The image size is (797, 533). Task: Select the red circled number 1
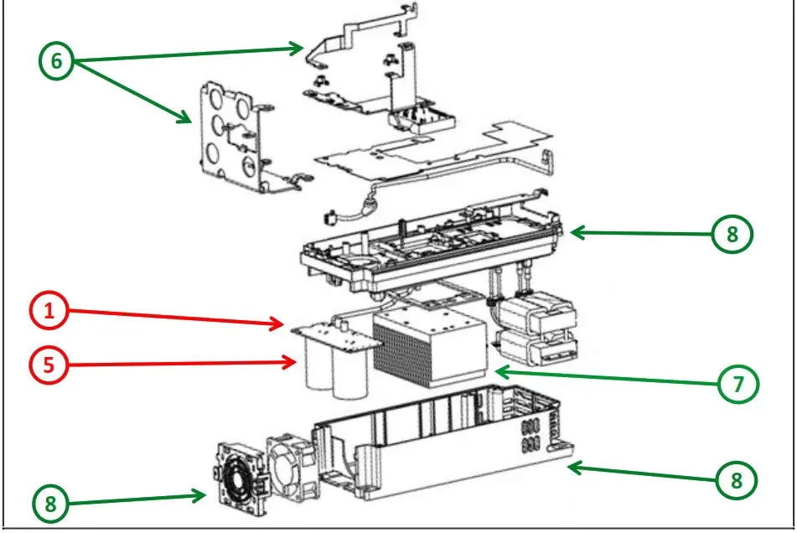pos(49,312)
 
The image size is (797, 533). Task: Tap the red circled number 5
pos(49,365)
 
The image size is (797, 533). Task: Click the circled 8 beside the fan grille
pos(53,504)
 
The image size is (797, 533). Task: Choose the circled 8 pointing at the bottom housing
pos(736,479)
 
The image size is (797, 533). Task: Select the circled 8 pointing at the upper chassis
pos(732,235)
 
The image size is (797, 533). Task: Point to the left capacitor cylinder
pos(318,369)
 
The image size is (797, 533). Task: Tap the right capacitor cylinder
pos(351,374)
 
